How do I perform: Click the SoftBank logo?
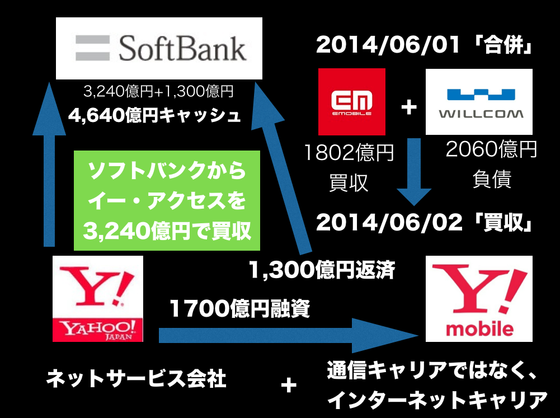pos(159,48)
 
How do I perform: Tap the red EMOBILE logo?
pos(352,102)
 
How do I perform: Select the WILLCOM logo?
pos(479,102)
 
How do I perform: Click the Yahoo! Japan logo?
pos(98,299)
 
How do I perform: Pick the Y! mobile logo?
pos(479,299)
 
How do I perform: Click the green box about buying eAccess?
pos(167,200)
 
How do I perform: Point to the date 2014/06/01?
pos(388,45)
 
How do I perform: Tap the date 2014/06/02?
pos(389,223)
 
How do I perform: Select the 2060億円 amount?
pos(491,149)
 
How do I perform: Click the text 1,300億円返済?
pos(322,270)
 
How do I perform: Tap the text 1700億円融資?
pos(239,308)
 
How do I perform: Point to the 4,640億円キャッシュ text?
pos(154,115)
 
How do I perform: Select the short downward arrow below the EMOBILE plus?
pos(415,172)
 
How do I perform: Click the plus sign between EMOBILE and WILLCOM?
pos(409,107)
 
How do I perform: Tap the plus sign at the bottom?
pos(289,386)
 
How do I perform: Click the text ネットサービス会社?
pos(137,379)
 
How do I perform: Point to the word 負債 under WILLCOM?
pos(492,179)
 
